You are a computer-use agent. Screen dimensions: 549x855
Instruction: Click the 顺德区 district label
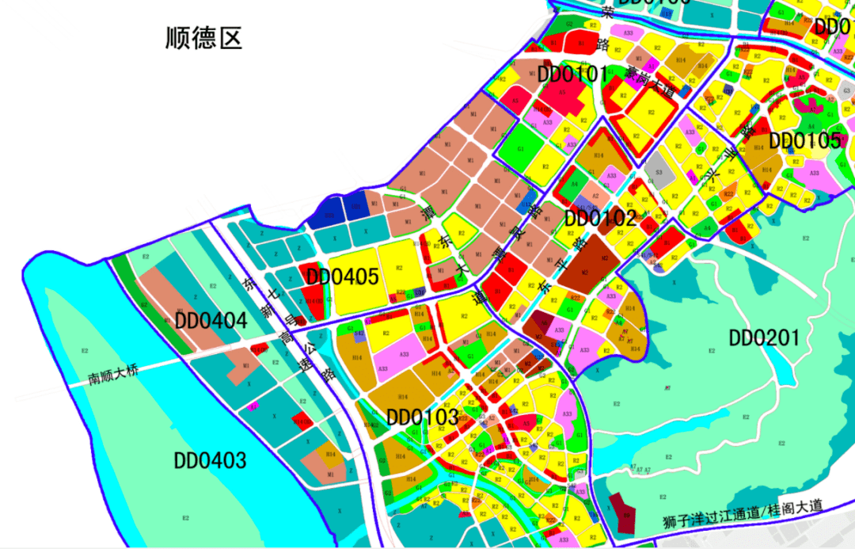pos(203,38)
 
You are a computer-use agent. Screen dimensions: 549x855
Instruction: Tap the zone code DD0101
pos(573,76)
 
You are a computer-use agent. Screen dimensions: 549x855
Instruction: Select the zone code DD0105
pos(805,141)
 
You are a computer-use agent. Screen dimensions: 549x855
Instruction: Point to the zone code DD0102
pos(601,218)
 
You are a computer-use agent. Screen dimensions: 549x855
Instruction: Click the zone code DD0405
pos(343,277)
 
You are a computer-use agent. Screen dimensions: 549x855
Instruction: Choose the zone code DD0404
pos(211,321)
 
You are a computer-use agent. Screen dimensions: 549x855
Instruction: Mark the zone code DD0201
pos(765,338)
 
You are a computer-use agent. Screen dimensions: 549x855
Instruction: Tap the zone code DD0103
pos(423,417)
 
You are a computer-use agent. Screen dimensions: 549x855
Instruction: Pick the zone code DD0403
pos(210,460)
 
